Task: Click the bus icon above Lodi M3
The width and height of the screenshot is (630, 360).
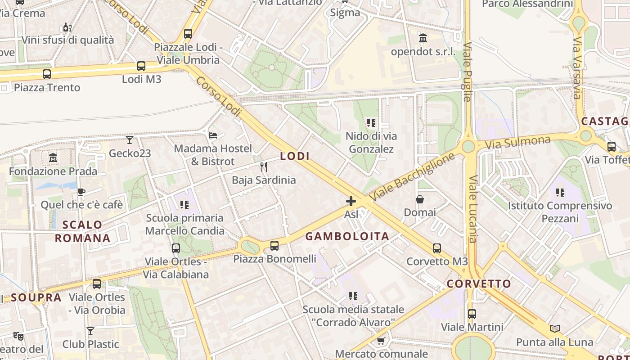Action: click(141, 66)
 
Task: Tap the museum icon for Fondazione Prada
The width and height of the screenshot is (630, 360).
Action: click(53, 158)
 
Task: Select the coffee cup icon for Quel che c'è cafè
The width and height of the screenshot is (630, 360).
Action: click(81, 192)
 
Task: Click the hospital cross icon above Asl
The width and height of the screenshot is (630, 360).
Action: click(351, 201)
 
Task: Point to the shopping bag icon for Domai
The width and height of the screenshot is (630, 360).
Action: click(420, 199)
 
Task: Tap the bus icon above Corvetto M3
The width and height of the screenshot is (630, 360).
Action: click(437, 248)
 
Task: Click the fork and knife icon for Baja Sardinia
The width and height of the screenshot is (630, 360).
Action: click(264, 167)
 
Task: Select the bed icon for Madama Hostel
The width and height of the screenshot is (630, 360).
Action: click(213, 135)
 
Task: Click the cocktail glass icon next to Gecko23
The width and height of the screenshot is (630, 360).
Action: click(130, 140)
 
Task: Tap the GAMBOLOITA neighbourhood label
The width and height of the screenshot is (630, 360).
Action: click(347, 236)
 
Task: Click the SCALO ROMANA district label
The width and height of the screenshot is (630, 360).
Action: click(82, 231)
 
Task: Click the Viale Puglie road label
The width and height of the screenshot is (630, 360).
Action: click(468, 72)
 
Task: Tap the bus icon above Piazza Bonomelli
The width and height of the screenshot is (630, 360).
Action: click(274, 246)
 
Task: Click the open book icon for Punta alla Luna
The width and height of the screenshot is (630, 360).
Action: click(555, 328)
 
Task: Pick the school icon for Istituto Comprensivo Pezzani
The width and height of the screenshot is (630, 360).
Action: click(560, 193)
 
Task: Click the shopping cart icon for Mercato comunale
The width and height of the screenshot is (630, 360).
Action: click(381, 341)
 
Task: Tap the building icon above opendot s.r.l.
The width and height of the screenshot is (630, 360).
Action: click(423, 38)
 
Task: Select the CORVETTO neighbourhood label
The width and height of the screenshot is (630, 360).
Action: click(479, 284)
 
